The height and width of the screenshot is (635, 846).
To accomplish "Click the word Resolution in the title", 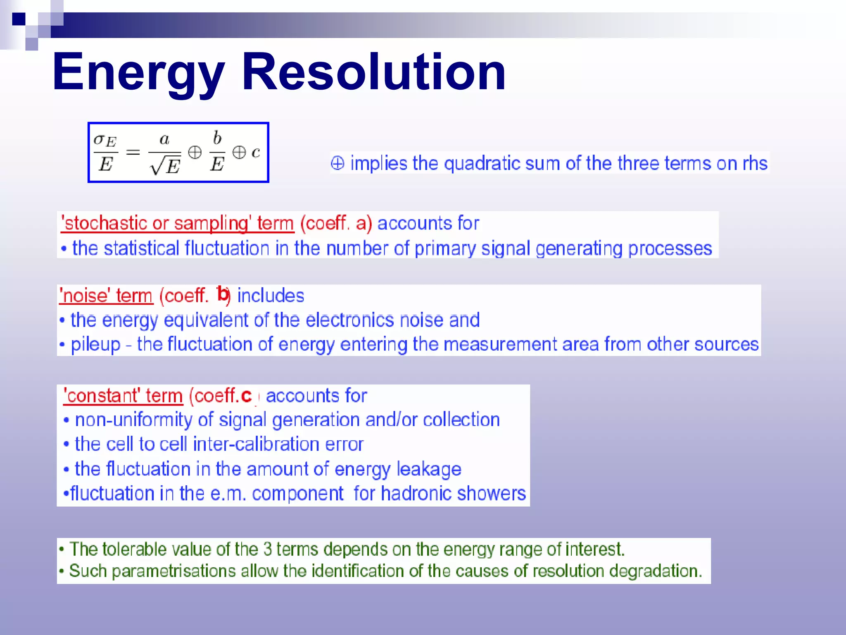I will click(374, 72).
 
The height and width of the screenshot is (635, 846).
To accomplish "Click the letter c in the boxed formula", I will click(256, 153).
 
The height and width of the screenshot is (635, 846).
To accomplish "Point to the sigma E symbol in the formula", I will click(105, 141).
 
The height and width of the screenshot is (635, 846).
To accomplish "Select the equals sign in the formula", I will click(133, 153).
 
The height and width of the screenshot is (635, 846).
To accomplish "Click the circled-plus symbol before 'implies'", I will click(337, 163).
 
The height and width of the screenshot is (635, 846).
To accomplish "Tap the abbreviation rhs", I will click(755, 163).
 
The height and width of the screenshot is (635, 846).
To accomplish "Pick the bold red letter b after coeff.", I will click(223, 294).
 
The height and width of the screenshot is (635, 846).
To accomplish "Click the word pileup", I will click(95, 344).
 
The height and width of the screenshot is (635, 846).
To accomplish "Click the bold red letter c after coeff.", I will click(246, 396).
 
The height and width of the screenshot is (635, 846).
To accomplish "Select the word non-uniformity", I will click(133, 420).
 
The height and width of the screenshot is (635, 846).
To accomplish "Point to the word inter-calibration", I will click(257, 444).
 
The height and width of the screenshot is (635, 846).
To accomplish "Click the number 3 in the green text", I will click(267, 549).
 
